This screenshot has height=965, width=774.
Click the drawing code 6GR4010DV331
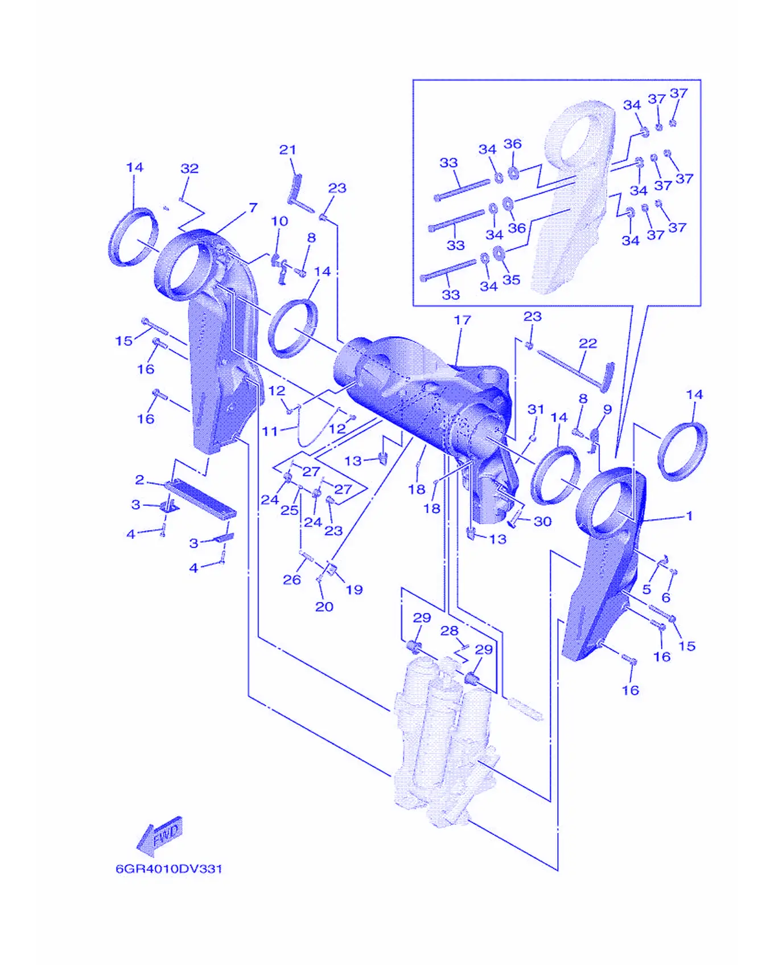(x=169, y=869)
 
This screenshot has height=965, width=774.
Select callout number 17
(x=462, y=320)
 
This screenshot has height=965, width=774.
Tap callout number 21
(x=287, y=150)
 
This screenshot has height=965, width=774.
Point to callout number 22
(x=588, y=344)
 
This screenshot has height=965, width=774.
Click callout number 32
(x=190, y=169)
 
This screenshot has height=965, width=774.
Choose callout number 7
(x=253, y=208)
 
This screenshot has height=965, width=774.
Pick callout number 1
(x=689, y=516)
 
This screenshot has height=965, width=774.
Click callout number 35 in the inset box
(x=512, y=280)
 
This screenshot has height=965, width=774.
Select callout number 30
(x=542, y=521)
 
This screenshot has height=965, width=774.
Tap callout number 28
(x=449, y=631)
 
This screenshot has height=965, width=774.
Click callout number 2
(x=139, y=480)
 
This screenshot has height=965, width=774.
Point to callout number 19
(x=354, y=590)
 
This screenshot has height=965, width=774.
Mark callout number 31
(x=536, y=409)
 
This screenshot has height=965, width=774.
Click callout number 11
(x=270, y=431)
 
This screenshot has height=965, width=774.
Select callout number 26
(x=292, y=580)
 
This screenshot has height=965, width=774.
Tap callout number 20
(x=324, y=607)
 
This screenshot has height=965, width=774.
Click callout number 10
(x=279, y=221)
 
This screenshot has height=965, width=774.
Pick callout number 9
(x=607, y=410)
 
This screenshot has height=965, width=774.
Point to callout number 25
(x=289, y=510)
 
